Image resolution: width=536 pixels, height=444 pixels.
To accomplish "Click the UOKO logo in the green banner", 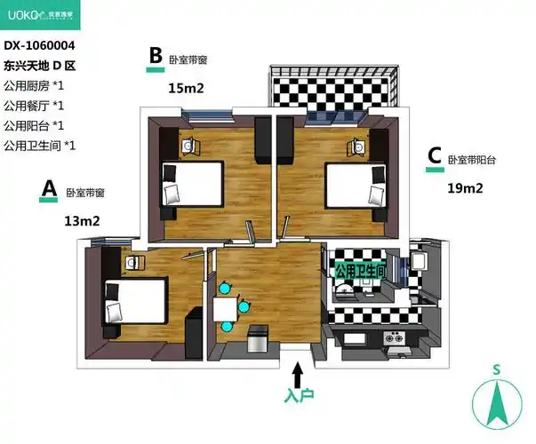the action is pos(40,15).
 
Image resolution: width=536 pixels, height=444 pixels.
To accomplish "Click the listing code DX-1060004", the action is pos(39,45).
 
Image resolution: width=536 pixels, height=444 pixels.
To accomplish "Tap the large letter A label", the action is pos(49,188).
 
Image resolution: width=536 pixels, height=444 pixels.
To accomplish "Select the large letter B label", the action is pos(156,55).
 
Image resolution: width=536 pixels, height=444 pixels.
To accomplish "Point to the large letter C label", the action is pos(435,155).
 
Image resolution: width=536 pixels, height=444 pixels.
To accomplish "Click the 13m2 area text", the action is pos(82,221).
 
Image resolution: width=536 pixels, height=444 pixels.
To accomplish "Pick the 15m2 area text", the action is pos(186,89).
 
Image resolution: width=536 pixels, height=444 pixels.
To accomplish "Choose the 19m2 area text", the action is pos(465,188).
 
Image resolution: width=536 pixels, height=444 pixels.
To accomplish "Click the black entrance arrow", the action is pos(298,375).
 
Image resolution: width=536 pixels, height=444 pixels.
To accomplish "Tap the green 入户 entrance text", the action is pos(299,395).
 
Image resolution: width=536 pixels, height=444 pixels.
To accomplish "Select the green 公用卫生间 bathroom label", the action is pos(360,272).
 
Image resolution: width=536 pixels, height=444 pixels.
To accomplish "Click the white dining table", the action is pos(225,309).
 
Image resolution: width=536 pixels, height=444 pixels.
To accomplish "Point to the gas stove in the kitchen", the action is pos(393,338).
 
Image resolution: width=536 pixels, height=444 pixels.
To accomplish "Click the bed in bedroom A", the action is pos(134,302).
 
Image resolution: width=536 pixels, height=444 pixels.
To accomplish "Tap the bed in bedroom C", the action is pos(357,186).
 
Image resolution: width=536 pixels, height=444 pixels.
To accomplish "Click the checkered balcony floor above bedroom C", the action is pos(332,91).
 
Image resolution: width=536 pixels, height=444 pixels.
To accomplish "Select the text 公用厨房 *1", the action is pos(34,86).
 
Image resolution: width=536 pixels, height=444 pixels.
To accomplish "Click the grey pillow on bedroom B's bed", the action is pos(172,194).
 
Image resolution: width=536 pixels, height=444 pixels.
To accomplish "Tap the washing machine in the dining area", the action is pos(258,339).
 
